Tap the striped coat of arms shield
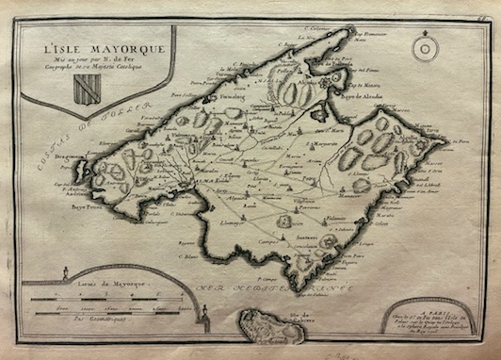coord(87,88)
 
